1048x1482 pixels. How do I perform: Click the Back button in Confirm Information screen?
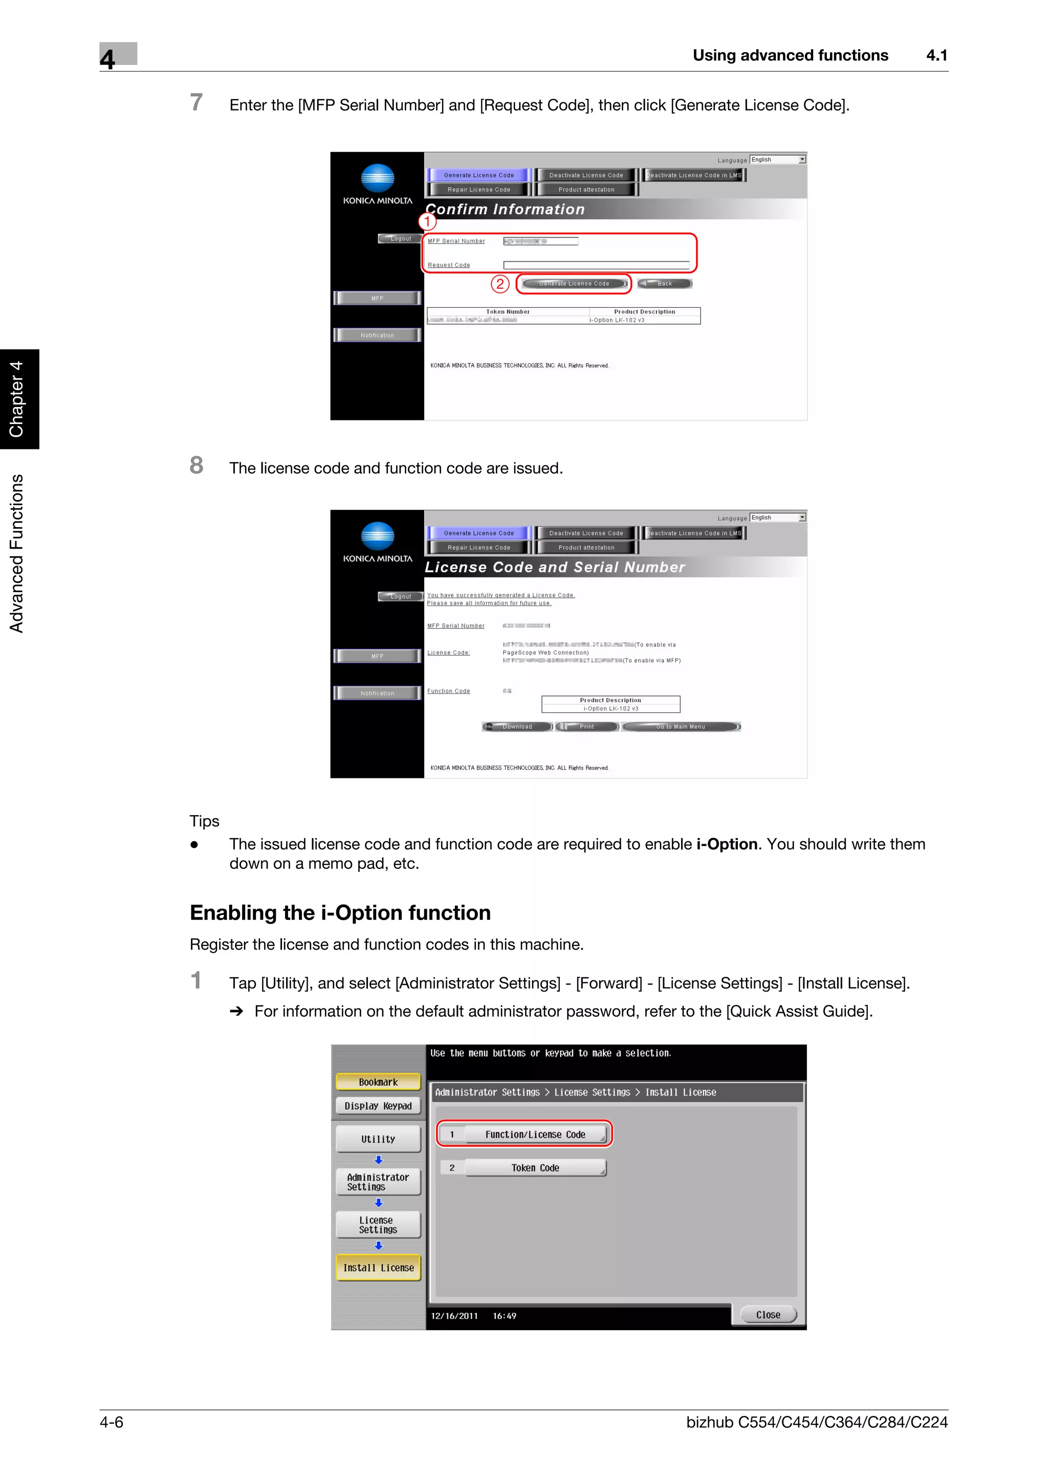(x=664, y=283)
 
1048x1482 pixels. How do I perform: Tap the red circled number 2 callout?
(x=500, y=283)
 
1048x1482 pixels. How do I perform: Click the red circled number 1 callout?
(x=427, y=221)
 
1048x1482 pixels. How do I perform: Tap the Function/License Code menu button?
(x=535, y=1134)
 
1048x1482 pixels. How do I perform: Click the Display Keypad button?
(x=378, y=1106)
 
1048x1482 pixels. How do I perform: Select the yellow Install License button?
(x=378, y=1268)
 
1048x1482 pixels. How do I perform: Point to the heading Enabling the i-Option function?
(x=340, y=913)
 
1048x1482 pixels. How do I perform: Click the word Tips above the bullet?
(x=204, y=821)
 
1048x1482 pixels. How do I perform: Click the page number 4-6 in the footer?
(x=111, y=1422)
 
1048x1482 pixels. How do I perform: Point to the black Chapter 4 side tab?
(x=19, y=398)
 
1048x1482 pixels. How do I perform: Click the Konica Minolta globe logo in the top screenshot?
(x=377, y=178)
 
